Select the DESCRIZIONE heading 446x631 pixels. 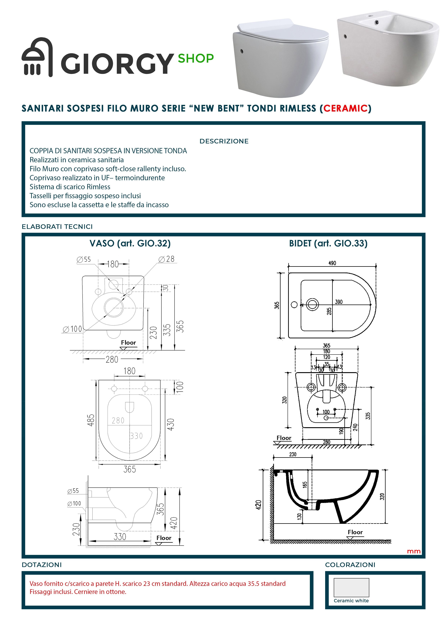pyautogui.click(x=224, y=141)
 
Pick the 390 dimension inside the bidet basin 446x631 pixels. pyautogui.click(x=339, y=302)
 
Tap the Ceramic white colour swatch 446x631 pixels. pyautogui.click(x=351, y=587)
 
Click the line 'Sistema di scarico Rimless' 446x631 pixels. pyautogui.click(x=70, y=187)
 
